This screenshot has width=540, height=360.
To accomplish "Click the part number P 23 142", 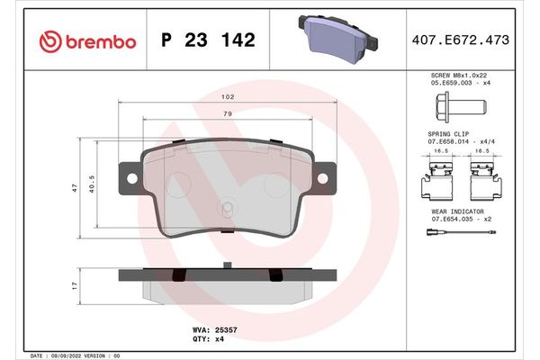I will [208, 40].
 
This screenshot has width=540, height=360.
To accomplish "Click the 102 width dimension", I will [229, 96].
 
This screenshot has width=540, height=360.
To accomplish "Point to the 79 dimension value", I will [229, 113].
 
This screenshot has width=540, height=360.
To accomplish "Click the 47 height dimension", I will [76, 189].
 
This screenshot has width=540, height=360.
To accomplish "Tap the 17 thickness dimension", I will [76, 285].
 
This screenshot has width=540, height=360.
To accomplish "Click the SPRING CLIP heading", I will [446, 133].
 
